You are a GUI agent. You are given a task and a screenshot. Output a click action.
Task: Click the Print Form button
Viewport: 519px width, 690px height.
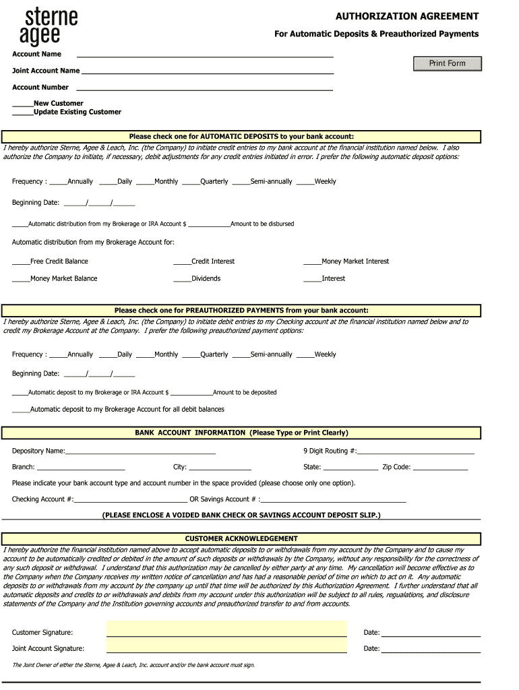click(448, 63)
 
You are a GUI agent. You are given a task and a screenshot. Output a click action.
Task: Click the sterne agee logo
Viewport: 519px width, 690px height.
click(53, 27)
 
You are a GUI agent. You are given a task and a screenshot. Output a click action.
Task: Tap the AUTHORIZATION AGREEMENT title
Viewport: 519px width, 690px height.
click(407, 16)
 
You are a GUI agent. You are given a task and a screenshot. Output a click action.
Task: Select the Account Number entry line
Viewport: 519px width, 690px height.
click(204, 88)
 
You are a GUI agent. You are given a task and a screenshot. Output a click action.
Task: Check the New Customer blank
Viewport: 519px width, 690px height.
click(23, 104)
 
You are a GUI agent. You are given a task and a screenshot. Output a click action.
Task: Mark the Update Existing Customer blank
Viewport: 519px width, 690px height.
click(23, 112)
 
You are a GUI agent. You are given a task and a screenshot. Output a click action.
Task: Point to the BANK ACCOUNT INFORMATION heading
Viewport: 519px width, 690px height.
click(241, 433)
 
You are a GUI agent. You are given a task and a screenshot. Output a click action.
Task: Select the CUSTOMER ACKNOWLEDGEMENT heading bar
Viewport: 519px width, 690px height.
click(241, 538)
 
